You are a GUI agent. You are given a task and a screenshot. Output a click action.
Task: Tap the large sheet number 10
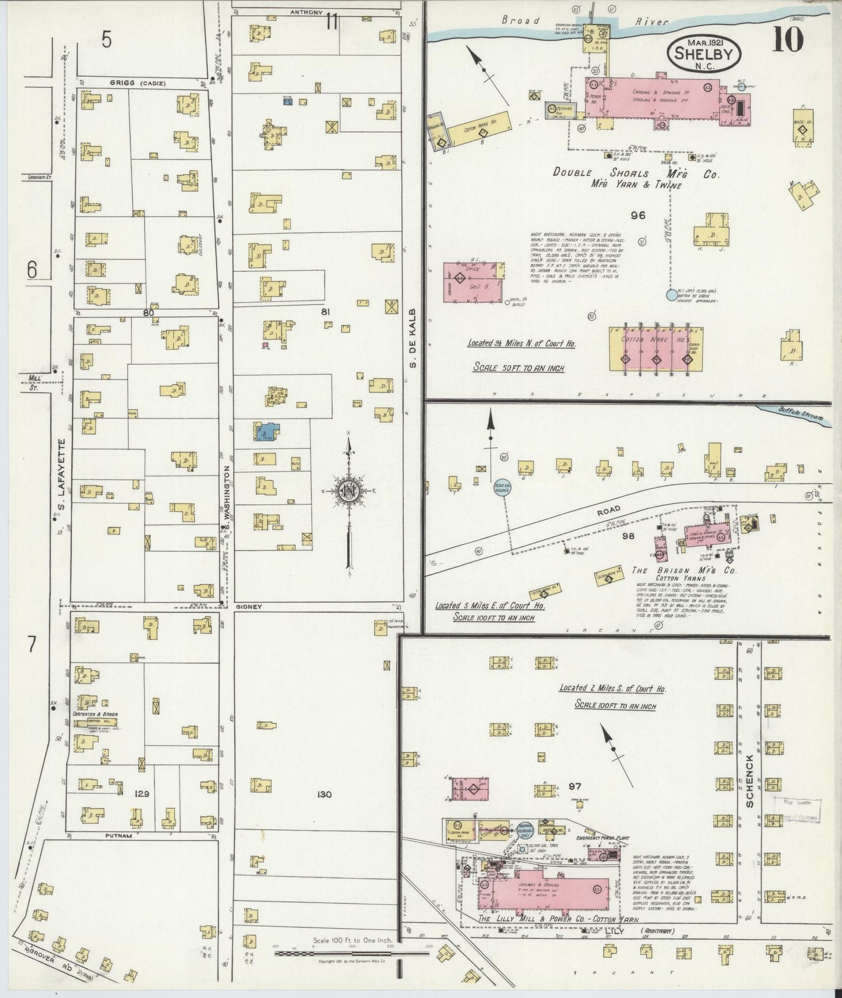[788, 40]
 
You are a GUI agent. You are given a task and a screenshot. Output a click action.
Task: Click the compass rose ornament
[349, 491]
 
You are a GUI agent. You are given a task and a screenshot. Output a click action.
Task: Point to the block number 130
[325, 794]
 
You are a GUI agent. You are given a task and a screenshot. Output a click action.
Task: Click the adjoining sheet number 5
[106, 40]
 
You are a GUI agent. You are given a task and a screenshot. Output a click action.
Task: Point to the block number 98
[628, 536]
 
